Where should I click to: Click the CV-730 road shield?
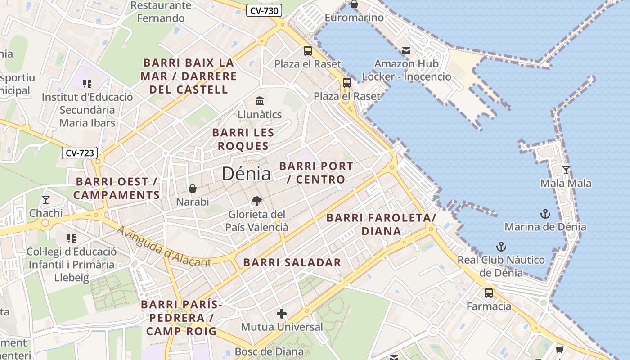pos(264,10)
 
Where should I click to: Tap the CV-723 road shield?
pos(80,153)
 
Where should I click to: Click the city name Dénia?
pos(246,174)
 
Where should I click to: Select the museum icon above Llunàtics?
pos(260,100)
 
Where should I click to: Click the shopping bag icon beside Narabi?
pos(193,188)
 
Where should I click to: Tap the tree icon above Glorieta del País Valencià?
pos(257,201)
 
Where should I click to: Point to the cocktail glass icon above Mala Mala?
pos(566,170)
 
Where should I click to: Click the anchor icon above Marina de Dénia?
pos(545,213)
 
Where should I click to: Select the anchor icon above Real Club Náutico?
pos(501,247)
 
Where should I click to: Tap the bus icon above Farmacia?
pos(489,293)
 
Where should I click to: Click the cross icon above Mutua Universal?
pos(282,313)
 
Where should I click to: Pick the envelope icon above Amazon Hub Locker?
pos(406,51)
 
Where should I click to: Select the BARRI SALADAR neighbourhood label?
pos(292,263)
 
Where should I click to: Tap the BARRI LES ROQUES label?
pos(243,139)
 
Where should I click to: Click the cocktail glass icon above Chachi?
pos(45,199)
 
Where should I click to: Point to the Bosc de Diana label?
pos(269,351)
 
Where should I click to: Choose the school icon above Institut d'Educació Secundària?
pos(87,83)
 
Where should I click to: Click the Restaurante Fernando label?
pos(161,12)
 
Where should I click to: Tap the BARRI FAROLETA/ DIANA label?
pos(381,224)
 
